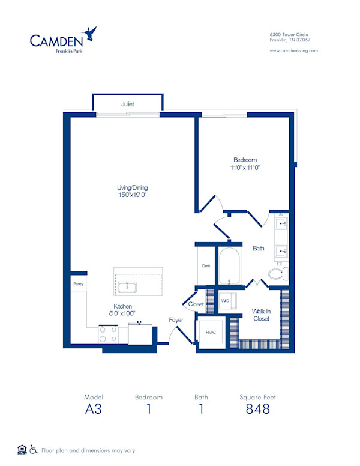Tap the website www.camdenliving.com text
[293, 50]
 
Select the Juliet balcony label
[127, 104]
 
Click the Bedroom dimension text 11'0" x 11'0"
[245, 168]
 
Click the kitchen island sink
[128, 286]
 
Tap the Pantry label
[78, 283]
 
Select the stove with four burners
[108, 334]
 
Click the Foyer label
[176, 320]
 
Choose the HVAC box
[211, 331]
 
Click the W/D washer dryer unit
[226, 301]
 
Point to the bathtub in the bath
[229, 267]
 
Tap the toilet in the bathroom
[277, 274]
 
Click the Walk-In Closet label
[260, 315]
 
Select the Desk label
[206, 266]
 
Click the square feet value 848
[257, 409]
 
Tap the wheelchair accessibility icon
[34, 449]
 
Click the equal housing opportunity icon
[22, 449]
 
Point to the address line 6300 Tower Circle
[289, 34]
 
